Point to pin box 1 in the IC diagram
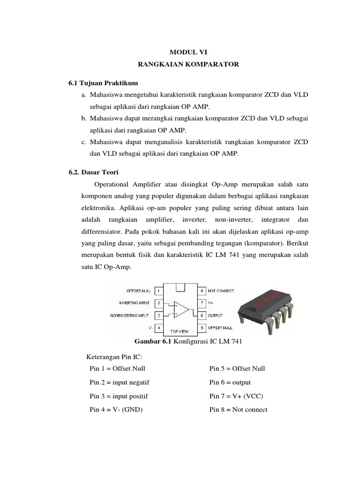click(x=158, y=291)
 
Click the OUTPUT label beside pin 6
click(x=215, y=315)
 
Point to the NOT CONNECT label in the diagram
click(x=220, y=291)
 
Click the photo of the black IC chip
click(x=266, y=310)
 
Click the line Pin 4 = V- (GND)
click(x=116, y=409)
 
